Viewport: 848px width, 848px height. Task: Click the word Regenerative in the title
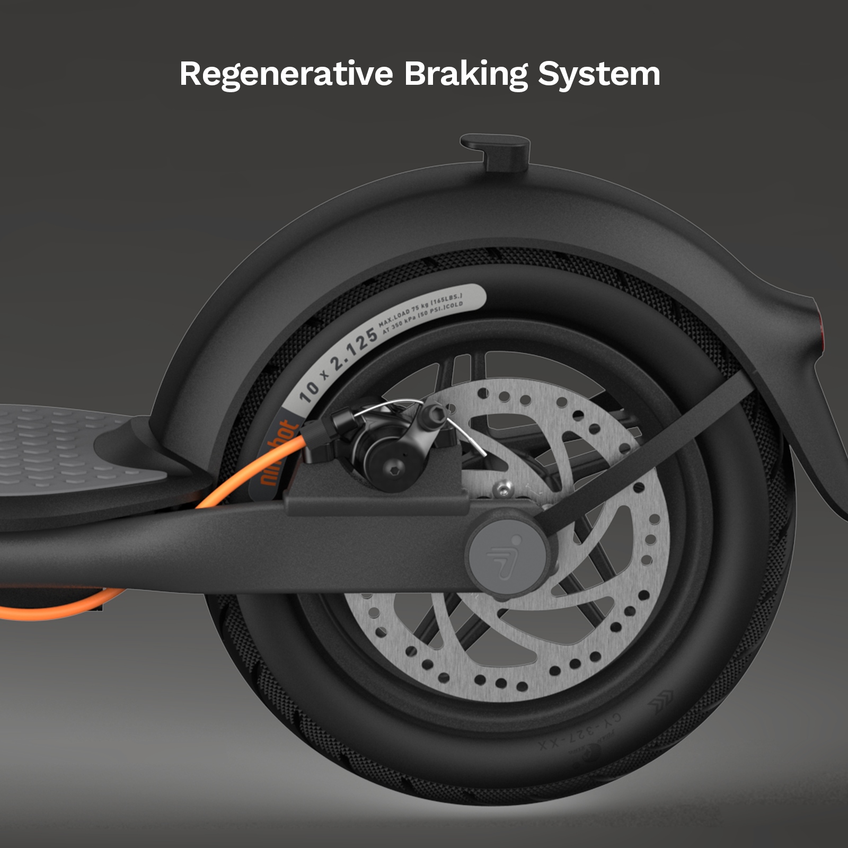(286, 74)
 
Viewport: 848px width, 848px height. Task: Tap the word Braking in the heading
(466, 74)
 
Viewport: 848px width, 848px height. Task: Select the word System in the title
(599, 74)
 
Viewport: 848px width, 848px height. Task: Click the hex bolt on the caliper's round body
(395, 466)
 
